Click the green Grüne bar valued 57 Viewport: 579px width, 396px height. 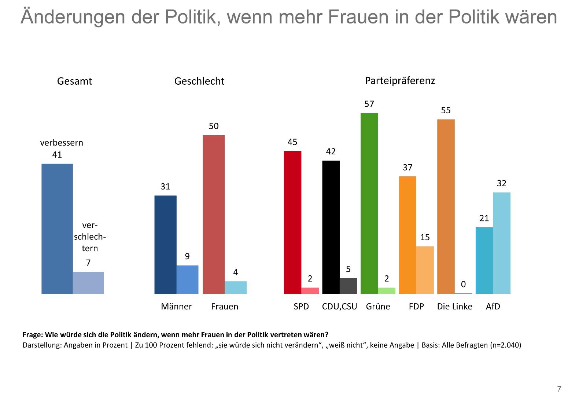coord(369,203)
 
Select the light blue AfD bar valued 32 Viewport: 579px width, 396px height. coord(501,243)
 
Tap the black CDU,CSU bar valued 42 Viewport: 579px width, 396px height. coord(331,227)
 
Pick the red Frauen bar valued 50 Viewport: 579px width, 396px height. coord(214,214)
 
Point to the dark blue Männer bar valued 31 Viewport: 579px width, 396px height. coord(165,245)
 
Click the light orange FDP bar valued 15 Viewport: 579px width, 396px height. coord(425,270)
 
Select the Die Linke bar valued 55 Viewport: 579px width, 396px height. coord(446,206)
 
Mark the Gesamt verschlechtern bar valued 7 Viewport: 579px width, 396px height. coord(88,283)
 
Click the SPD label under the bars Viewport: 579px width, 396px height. coord(301,307)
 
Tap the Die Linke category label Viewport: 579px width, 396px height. coord(454,307)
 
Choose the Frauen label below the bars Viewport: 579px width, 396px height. coord(225,307)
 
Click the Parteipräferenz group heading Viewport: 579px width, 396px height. coord(400,81)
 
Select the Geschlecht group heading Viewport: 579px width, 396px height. coord(199,81)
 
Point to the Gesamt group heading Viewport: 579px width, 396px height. coord(74,81)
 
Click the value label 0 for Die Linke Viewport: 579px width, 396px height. coord(463,285)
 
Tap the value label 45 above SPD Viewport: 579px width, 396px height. coord(292,142)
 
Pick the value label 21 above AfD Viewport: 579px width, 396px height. coord(484,219)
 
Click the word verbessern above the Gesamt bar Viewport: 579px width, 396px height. coord(62,143)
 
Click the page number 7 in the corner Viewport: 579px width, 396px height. coord(559,389)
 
